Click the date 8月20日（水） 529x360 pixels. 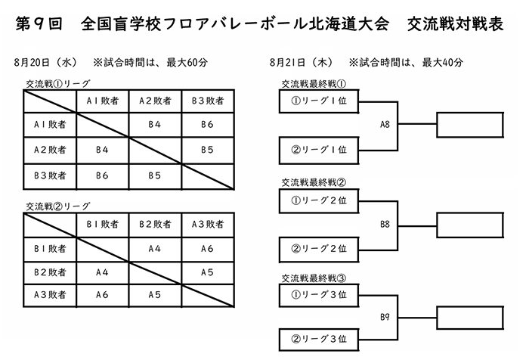45,63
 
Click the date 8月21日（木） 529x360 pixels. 302,63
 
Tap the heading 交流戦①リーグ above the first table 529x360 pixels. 58,84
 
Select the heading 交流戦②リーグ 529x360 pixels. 58,206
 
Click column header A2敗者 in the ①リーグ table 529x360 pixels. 155,101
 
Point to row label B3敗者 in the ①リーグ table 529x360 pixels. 50,175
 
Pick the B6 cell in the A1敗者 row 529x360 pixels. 208,125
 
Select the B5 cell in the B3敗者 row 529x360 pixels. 155,175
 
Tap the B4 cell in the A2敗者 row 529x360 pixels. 102,150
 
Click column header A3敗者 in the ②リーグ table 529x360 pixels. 208,224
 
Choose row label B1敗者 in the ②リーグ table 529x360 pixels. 50,249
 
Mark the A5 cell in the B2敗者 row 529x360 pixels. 208,272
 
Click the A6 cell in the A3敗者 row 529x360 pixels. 102,295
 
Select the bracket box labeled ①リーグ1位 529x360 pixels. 319,101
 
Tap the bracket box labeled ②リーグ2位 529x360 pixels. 319,250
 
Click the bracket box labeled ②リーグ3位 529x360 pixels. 319,340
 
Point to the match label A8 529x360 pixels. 385,125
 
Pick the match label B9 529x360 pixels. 385,317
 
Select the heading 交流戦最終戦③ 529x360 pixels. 314,278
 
